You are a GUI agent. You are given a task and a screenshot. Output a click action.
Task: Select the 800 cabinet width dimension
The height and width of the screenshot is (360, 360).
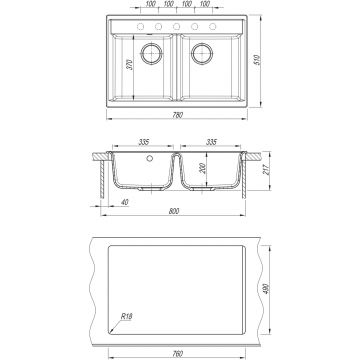pos(176,213)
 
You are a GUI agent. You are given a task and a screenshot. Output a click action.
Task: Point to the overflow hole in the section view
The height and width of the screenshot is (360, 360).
pos(149,157)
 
